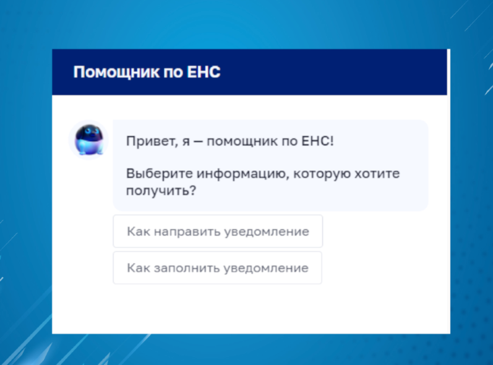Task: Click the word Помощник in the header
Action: pos(116,72)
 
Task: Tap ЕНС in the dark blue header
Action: pos(204,72)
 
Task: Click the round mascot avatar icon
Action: pos(88,140)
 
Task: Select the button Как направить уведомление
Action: pos(218,231)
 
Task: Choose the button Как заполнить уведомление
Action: pos(218,268)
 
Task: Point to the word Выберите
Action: pos(160,174)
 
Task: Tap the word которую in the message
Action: pos(322,174)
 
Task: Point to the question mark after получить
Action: pos(192,190)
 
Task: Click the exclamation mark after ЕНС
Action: pos(332,141)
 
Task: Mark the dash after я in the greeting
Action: pos(198,142)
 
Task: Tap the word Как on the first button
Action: pos(139,232)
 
